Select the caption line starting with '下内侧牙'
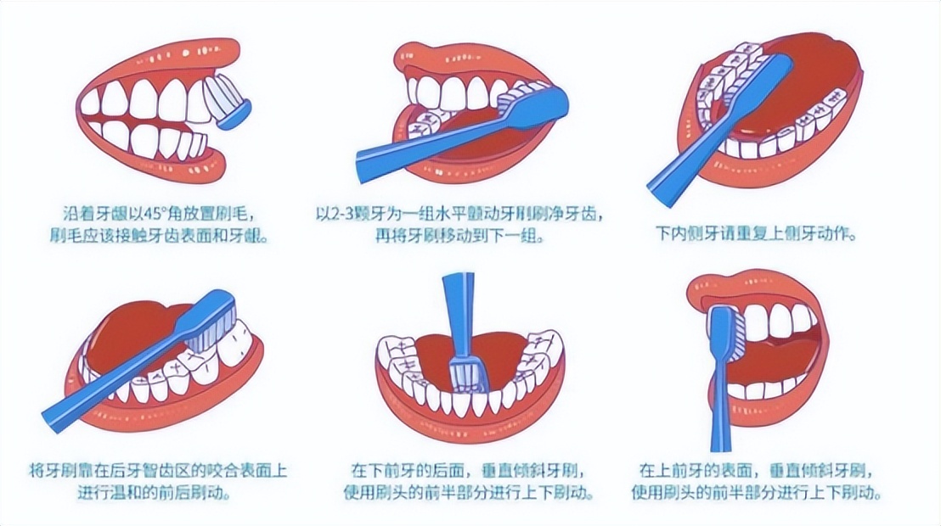(756, 233)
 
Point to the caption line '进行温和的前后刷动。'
(155, 493)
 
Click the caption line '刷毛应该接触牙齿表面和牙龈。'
(159, 236)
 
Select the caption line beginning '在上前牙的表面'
(756, 470)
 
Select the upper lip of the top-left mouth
(162, 57)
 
